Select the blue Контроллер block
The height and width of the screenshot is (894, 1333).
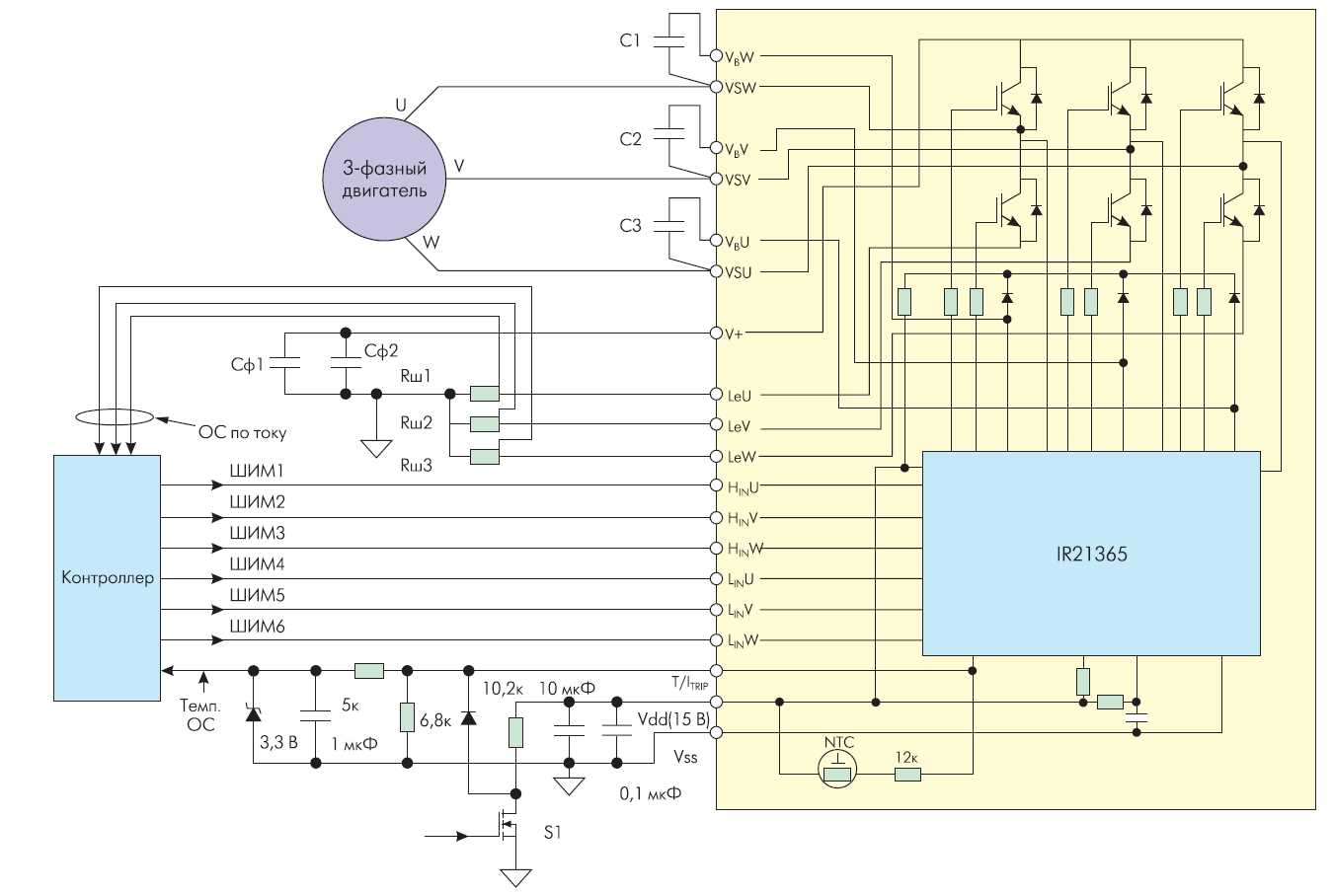click(x=107, y=577)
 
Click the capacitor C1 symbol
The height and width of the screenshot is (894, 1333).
click(x=669, y=41)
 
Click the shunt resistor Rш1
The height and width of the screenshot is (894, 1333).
click(x=484, y=394)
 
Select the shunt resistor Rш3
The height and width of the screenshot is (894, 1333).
click(x=484, y=456)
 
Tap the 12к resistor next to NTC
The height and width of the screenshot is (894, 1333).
click(x=907, y=775)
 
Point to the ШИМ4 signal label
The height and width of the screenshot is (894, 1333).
click(x=257, y=564)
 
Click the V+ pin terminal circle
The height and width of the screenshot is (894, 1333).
click(x=717, y=334)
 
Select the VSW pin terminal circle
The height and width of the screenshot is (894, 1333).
click(x=717, y=87)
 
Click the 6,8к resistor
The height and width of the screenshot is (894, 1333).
click(x=407, y=717)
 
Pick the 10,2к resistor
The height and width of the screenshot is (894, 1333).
click(x=514, y=731)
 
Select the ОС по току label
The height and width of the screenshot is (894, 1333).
click(x=242, y=431)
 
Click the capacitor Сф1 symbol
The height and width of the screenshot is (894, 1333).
click(x=284, y=362)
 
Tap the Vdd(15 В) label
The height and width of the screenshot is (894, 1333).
click(x=673, y=719)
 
